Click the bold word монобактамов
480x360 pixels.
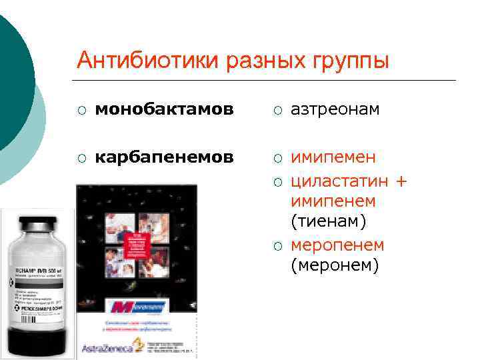click(x=164, y=109)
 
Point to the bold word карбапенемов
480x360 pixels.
click(x=164, y=157)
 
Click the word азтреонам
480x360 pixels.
click(x=335, y=109)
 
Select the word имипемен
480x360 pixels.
click(x=333, y=157)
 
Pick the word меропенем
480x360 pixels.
click(x=337, y=245)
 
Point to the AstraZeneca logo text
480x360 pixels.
click(x=106, y=347)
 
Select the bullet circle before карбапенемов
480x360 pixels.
click(x=81, y=158)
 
